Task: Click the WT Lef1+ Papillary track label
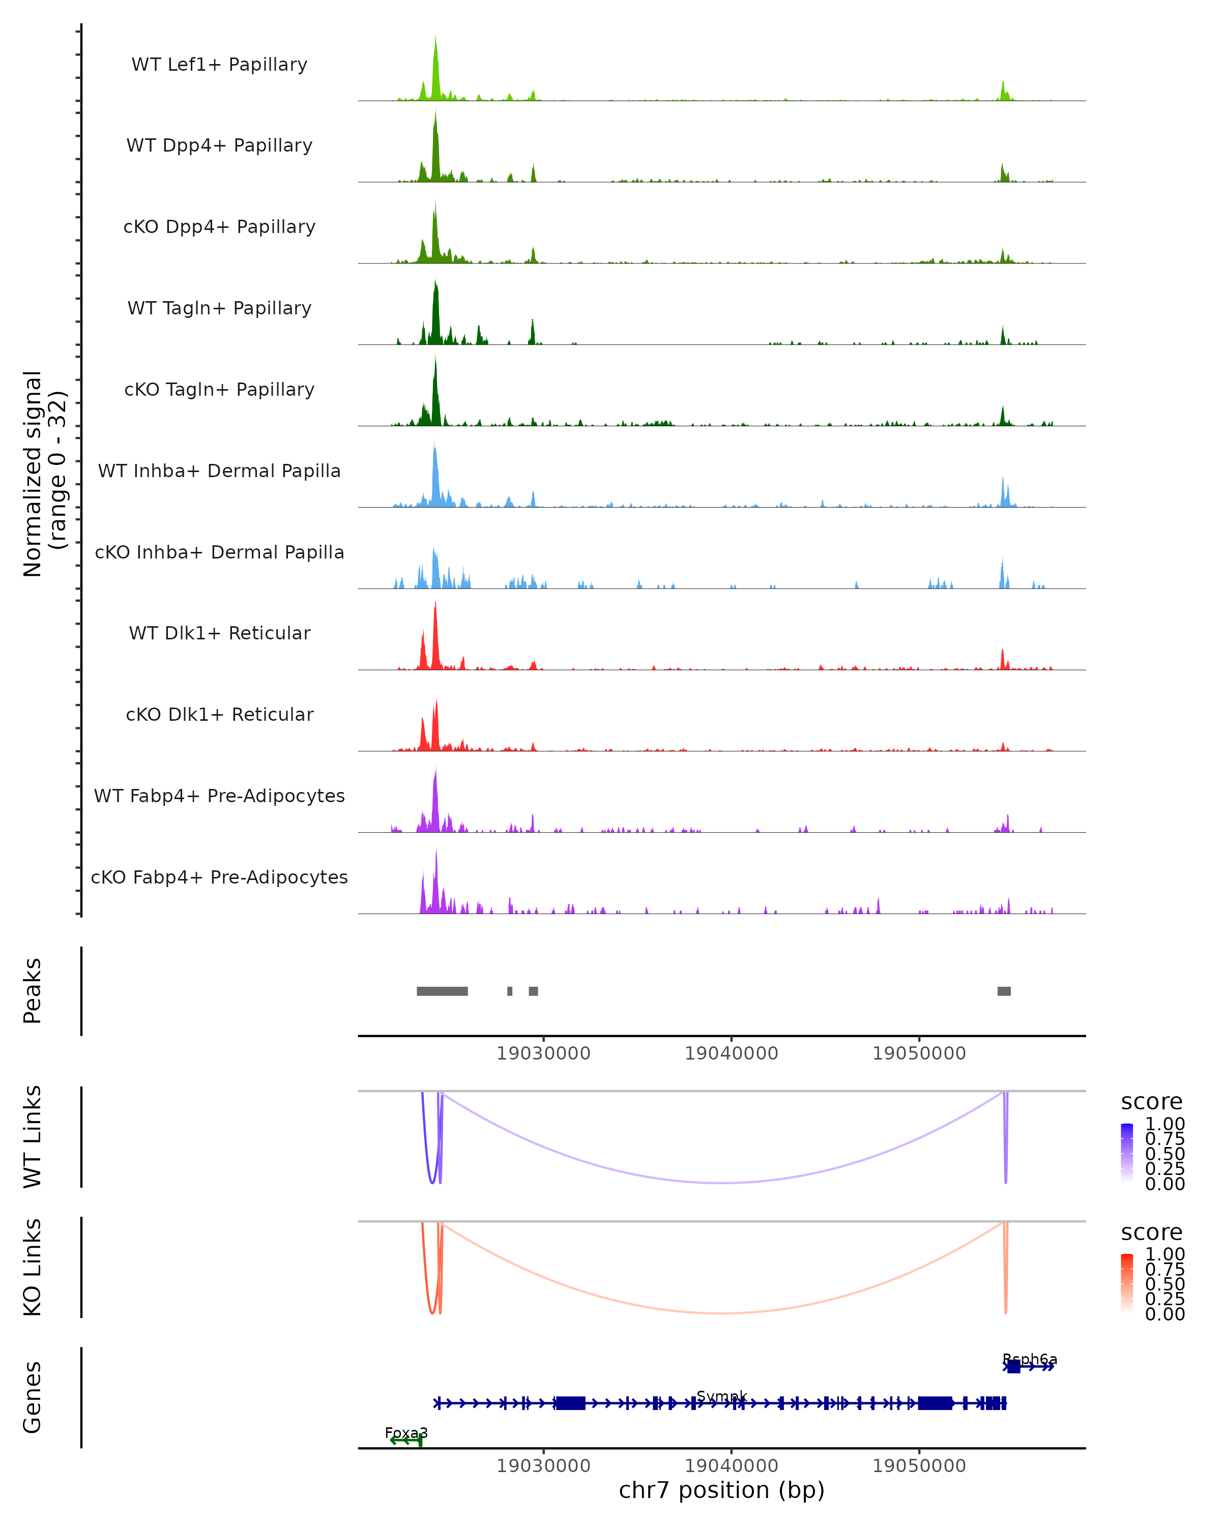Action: (x=219, y=65)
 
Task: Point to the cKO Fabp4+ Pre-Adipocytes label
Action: (x=219, y=877)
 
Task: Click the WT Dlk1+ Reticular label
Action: (x=219, y=633)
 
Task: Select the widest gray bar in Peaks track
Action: (x=442, y=991)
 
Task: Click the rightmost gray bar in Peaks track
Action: (x=1004, y=991)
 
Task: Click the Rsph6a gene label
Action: (x=1029, y=1359)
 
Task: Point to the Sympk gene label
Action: (x=721, y=1396)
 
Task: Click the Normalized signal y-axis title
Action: (x=44, y=474)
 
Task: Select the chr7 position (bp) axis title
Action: (x=721, y=1490)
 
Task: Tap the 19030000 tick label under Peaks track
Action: (x=543, y=1053)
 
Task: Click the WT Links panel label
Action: (x=33, y=1137)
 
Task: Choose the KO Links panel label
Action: (x=33, y=1267)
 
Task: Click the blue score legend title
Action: (x=1151, y=1102)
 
